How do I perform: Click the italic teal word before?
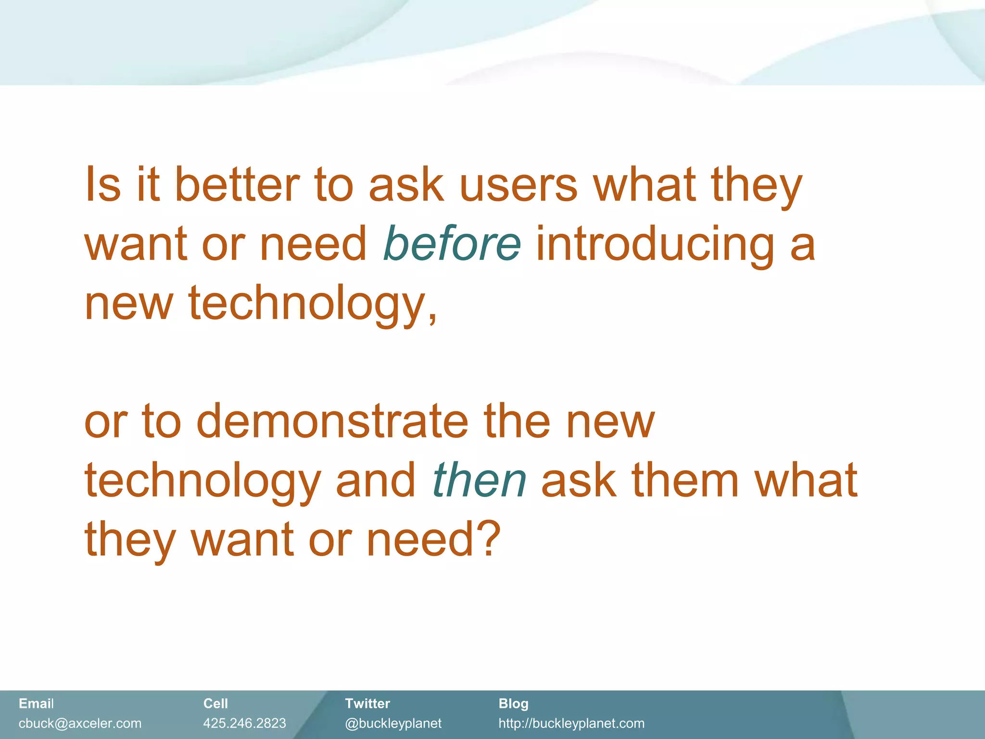tap(451, 244)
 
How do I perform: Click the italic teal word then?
tap(479, 480)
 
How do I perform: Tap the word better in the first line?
tap(237, 185)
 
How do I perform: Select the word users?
tap(518, 185)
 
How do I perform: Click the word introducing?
tap(655, 244)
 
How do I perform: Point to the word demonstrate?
tap(332, 421)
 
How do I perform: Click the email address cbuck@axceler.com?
tap(80, 723)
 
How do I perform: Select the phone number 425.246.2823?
tap(244, 723)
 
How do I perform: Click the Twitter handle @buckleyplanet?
tap(393, 723)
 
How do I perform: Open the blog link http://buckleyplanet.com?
tap(571, 723)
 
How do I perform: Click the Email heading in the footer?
tap(36, 703)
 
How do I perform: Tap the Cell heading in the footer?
tap(215, 703)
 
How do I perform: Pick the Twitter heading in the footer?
tap(367, 703)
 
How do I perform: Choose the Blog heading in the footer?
tap(513, 703)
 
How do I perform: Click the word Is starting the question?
tap(102, 185)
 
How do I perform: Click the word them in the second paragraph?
tap(685, 480)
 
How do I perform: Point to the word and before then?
tap(375, 480)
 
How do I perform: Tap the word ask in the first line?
tap(406, 185)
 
